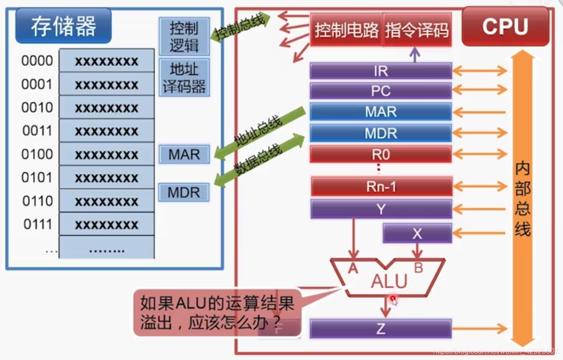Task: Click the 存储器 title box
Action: (x=64, y=26)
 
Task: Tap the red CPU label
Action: (x=505, y=27)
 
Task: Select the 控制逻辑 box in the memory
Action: (x=184, y=36)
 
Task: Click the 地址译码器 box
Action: (x=184, y=77)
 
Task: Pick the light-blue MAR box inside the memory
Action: (x=184, y=154)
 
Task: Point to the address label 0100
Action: (x=37, y=154)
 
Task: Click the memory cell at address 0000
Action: (x=107, y=61)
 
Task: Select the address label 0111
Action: (x=37, y=224)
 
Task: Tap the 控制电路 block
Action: (x=347, y=30)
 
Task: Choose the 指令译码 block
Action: (x=417, y=30)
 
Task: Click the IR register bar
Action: (x=381, y=71)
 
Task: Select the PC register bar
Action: (x=381, y=91)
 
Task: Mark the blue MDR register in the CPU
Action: (x=381, y=133)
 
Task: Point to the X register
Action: (x=417, y=234)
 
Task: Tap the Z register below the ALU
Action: (x=381, y=329)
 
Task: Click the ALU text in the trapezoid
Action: (x=389, y=280)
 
